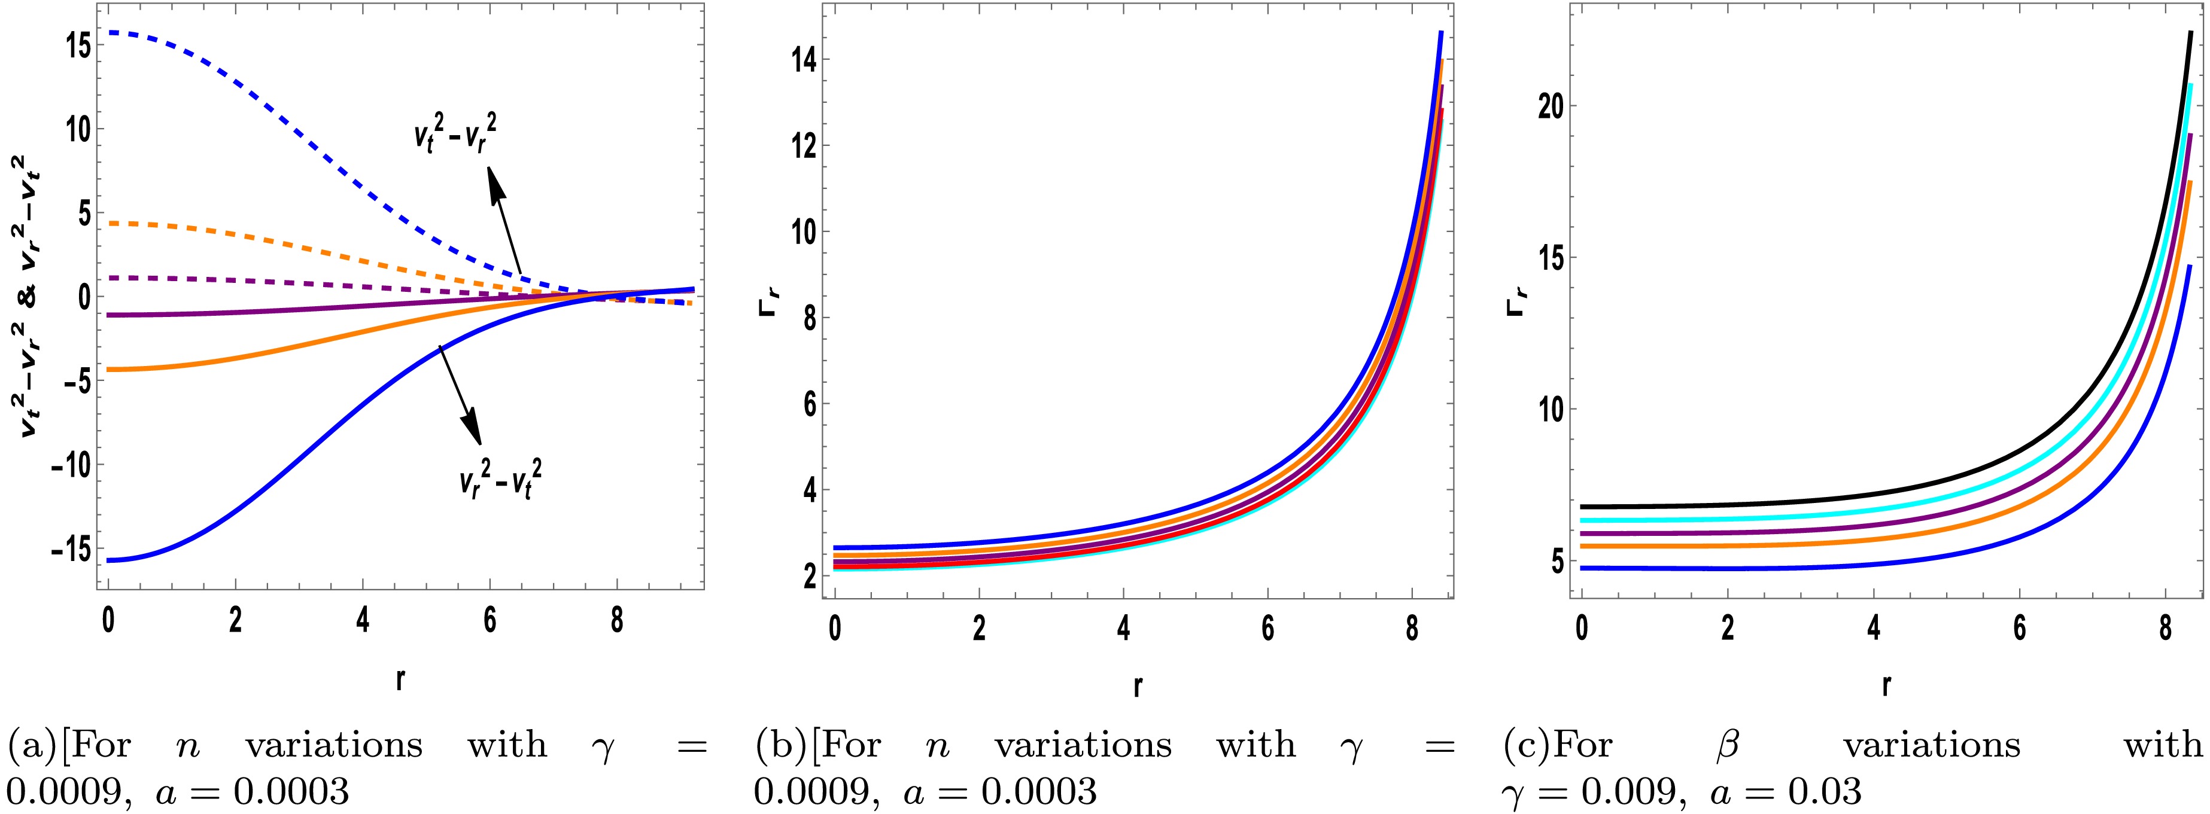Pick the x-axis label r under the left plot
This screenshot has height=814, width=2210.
[400, 679]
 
